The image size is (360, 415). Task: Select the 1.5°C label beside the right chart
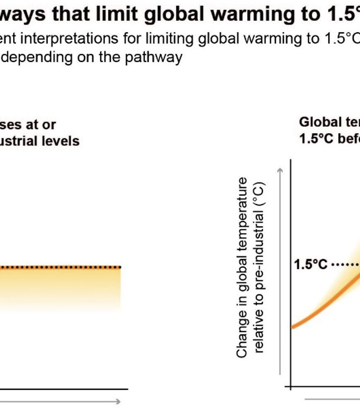point(310,264)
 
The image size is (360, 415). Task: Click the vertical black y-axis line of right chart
point(291,270)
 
